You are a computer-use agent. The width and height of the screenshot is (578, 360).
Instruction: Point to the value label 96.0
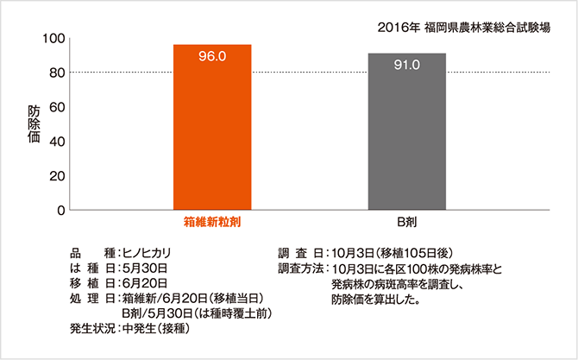point(212,57)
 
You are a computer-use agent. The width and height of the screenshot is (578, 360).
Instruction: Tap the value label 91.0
point(407,65)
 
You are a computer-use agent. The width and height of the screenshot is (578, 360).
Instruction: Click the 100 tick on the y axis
point(54,39)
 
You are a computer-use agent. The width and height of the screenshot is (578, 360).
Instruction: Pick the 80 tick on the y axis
point(58,73)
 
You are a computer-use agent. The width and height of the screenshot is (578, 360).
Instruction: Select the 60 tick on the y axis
point(58,107)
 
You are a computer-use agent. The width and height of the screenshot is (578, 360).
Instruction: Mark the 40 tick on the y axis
point(58,142)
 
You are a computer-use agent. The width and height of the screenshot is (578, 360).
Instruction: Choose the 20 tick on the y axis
point(58,176)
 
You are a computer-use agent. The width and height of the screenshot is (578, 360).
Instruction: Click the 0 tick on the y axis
point(61,210)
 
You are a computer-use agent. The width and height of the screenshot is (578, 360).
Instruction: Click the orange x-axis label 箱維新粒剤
point(212,223)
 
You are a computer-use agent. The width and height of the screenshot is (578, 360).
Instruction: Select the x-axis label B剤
point(407,223)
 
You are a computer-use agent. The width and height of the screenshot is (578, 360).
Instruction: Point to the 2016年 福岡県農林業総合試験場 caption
point(466,27)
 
